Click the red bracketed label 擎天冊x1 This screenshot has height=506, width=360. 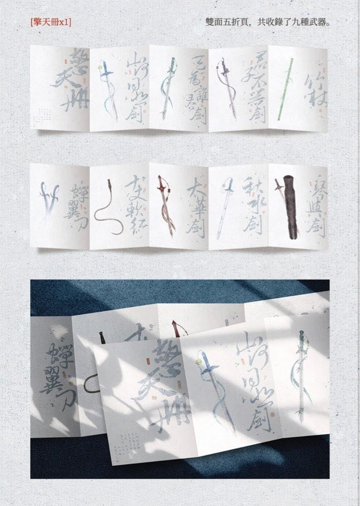pyautogui.click(x=50, y=22)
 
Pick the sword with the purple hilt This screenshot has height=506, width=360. pyautogui.click(x=226, y=89)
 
